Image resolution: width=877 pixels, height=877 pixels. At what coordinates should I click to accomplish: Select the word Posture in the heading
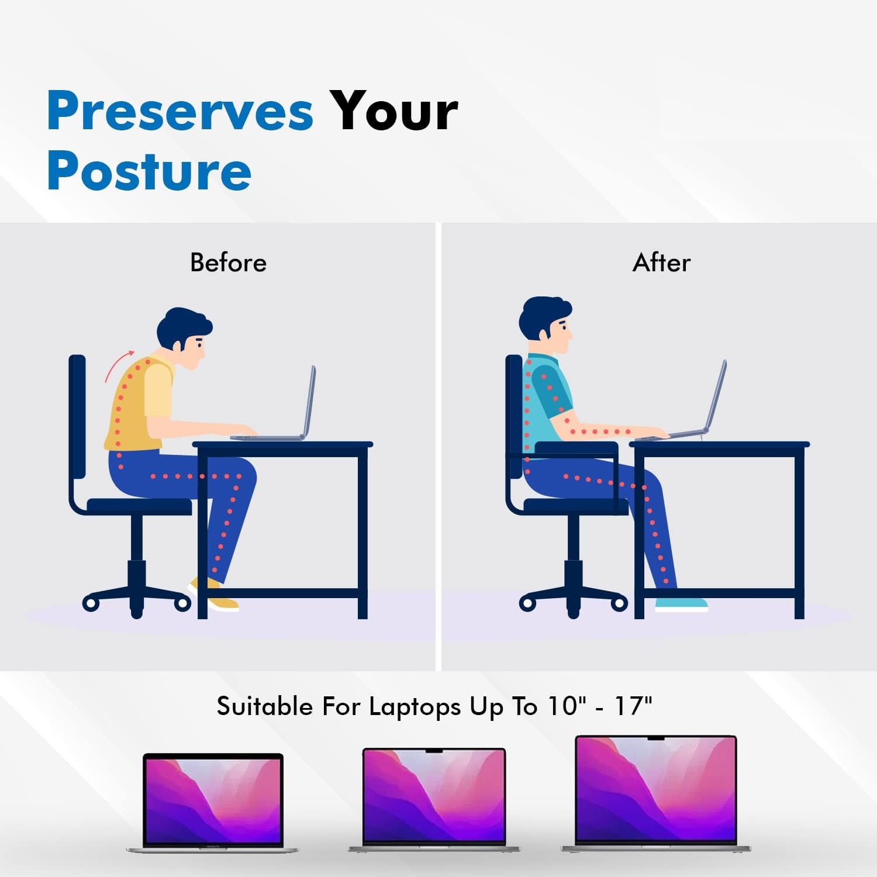point(149,171)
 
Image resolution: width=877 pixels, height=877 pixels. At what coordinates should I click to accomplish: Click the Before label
point(228,263)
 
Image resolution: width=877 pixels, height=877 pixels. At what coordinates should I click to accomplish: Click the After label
point(661,263)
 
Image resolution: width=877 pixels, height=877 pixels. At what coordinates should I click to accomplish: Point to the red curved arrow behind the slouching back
point(119,365)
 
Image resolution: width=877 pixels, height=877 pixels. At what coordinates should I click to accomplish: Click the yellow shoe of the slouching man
point(213,596)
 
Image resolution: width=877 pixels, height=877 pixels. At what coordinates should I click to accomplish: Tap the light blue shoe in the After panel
point(681,604)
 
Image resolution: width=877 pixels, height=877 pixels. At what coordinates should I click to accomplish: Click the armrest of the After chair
point(576,448)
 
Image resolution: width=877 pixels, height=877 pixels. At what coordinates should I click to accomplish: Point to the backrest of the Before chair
point(77,415)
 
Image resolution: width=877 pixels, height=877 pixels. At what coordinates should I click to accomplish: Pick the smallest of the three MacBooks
point(213,801)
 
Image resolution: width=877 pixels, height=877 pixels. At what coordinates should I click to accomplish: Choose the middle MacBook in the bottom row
point(434,798)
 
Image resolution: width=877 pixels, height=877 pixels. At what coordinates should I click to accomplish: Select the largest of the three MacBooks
point(656,792)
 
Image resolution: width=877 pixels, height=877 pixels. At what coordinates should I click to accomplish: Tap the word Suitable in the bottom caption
point(264,706)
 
